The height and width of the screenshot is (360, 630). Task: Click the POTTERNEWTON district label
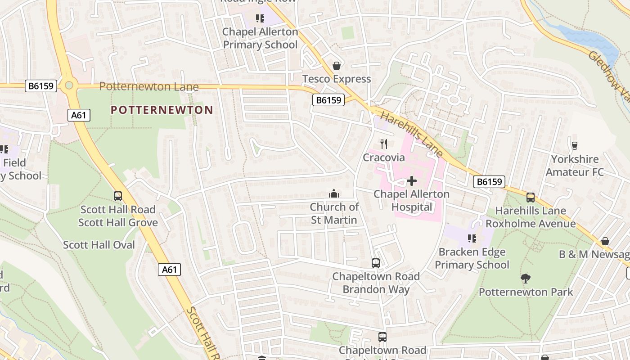(162, 110)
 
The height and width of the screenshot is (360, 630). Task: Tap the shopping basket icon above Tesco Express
(336, 66)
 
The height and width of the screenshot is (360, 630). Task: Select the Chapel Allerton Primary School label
(260, 38)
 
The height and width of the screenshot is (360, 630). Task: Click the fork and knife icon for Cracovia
(384, 144)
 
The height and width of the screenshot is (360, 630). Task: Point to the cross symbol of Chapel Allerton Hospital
(411, 181)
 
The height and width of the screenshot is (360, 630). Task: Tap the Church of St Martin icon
(334, 193)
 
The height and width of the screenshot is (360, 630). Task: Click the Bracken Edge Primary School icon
(472, 238)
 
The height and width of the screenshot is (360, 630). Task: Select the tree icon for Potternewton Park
(525, 279)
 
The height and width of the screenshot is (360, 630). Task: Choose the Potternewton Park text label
(526, 292)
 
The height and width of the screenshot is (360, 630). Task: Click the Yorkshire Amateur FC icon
(574, 145)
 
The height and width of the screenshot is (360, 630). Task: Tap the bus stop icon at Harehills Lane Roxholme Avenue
(531, 197)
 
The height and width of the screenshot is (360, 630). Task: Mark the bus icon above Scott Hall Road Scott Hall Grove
(118, 196)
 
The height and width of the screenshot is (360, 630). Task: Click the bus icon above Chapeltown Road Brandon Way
(375, 263)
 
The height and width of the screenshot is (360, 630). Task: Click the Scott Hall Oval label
(99, 245)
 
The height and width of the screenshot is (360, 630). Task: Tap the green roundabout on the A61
(69, 85)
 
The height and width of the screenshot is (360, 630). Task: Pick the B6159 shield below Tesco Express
(328, 100)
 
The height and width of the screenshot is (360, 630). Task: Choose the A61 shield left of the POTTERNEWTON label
(79, 115)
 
